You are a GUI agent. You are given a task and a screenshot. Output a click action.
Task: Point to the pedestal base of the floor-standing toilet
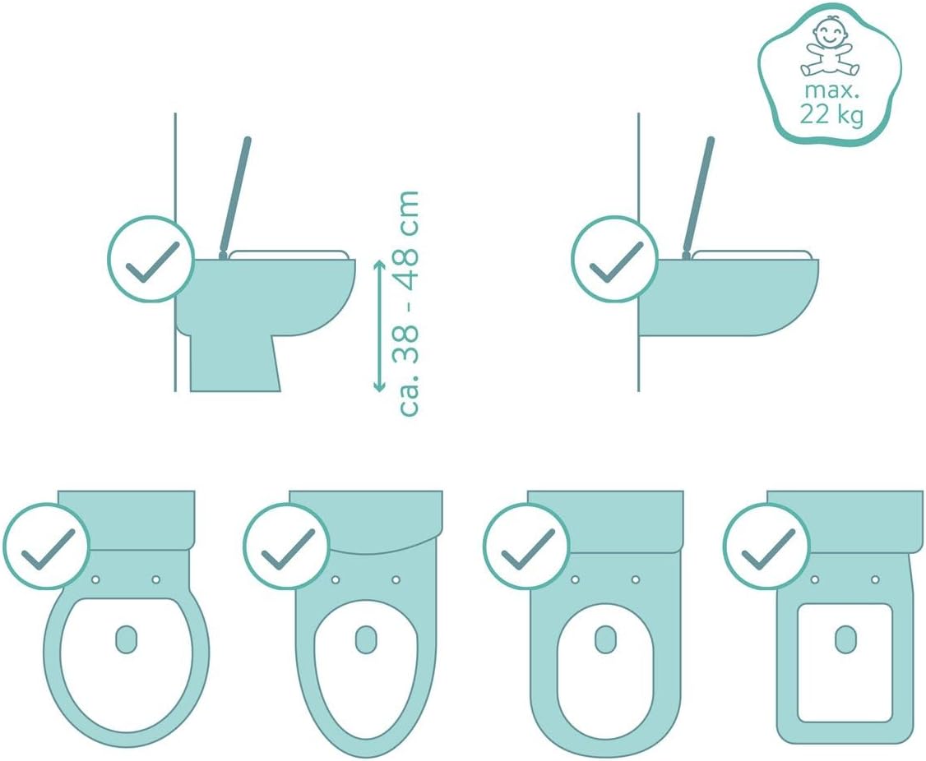(x=234, y=362)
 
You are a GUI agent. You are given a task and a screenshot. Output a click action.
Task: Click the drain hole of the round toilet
(x=125, y=639)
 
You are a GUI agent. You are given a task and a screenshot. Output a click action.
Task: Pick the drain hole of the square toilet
(x=845, y=639)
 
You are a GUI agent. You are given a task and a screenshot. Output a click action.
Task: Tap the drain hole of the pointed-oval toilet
(x=366, y=639)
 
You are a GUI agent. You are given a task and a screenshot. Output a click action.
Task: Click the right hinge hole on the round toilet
(x=156, y=579)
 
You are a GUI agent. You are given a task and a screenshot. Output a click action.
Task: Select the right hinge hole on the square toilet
(x=875, y=579)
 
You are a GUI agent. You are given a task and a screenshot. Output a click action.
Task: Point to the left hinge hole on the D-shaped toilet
(x=575, y=579)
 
